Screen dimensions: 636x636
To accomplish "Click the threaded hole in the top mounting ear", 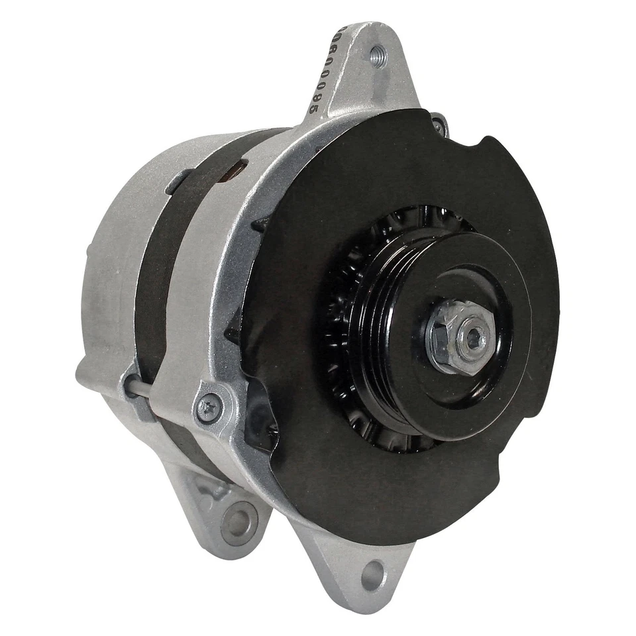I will [378, 55].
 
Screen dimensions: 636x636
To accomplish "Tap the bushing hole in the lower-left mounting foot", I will [240, 520].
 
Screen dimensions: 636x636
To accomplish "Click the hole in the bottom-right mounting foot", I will [374, 574].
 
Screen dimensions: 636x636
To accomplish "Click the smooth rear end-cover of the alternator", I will [109, 278].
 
